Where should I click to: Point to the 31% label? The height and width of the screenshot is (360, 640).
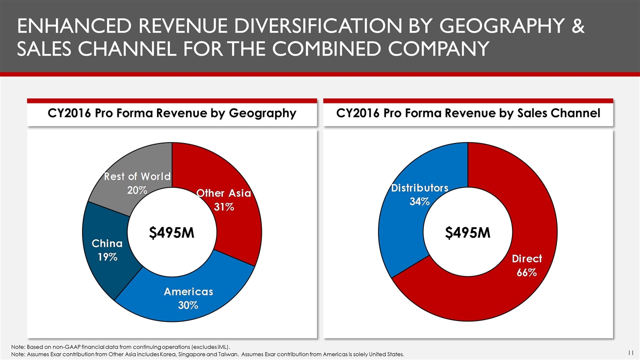tap(224, 207)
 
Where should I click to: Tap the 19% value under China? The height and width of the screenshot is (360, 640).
tap(107, 257)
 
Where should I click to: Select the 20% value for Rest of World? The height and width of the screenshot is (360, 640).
tap(136, 190)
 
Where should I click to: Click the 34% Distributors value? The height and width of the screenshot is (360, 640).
tap(419, 201)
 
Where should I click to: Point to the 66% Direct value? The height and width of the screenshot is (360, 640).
tap(526, 272)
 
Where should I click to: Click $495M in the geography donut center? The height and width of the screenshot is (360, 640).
tap(172, 233)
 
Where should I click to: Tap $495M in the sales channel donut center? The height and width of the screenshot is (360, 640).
tap(467, 233)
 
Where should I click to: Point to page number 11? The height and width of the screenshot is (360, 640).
tap(631, 351)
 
